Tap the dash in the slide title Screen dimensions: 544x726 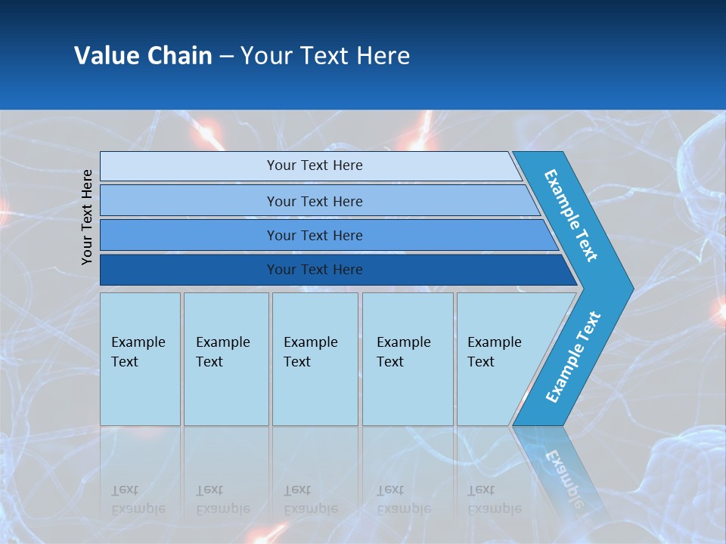point(226,57)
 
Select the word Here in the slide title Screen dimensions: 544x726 point(383,56)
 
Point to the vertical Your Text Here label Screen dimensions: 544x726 point(87,217)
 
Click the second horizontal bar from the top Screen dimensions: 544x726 point(314,201)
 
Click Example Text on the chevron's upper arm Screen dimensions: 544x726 point(571,215)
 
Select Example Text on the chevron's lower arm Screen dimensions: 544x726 point(573,357)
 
